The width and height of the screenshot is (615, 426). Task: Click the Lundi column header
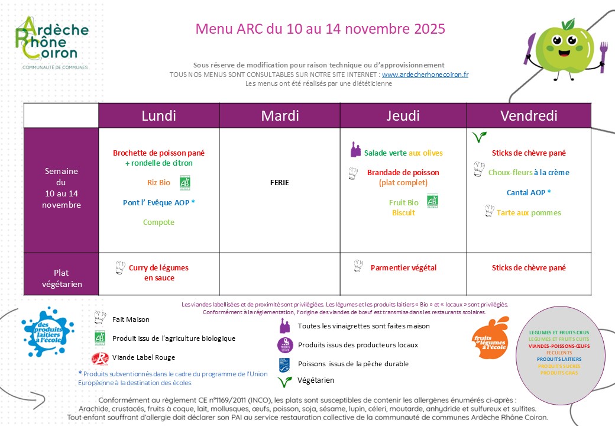coord(158,115)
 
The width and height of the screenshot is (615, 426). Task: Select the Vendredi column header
coord(529,115)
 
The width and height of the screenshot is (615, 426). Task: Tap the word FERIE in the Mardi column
coord(279,182)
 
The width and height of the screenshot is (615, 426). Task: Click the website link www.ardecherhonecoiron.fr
coord(425,75)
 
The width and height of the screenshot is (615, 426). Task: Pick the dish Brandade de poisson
coord(403,172)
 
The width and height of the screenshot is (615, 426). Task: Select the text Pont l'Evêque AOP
coord(158,202)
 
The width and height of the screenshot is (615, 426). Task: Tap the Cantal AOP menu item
coord(529,192)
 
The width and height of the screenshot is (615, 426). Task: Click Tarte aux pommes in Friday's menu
coord(529,212)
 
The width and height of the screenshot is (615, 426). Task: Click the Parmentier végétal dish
coord(403,267)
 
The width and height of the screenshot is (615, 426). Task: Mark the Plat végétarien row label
coord(61,278)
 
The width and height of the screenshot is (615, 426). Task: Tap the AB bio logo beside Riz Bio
coord(184,182)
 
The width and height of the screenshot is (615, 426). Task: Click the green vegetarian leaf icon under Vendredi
coord(479,137)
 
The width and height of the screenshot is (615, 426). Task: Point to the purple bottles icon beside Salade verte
coord(355,150)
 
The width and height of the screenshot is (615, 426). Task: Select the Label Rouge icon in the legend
coord(100,359)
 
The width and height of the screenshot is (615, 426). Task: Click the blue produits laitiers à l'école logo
coord(47,333)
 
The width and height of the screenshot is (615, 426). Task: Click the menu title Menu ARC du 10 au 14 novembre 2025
coord(320,28)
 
